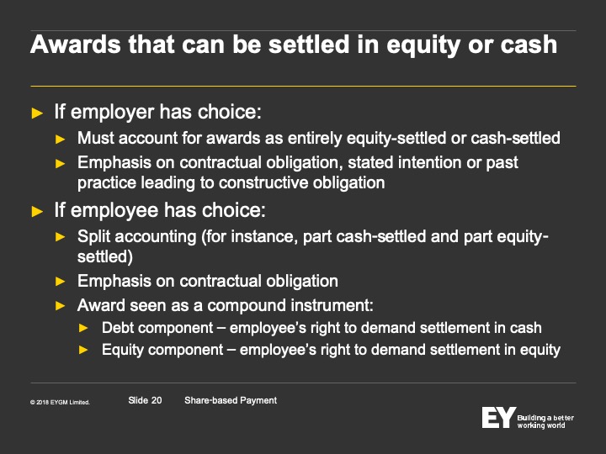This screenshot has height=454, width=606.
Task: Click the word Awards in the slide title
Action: [76, 44]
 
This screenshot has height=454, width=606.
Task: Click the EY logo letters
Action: [498, 417]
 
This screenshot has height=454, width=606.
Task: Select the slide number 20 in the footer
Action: [157, 400]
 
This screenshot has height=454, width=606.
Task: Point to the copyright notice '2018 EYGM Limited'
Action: [61, 402]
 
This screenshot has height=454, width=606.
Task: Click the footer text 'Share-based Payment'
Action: [231, 400]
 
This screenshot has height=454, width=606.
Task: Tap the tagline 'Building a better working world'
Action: [545, 421]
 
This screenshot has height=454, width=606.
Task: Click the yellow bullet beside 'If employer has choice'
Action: [37, 113]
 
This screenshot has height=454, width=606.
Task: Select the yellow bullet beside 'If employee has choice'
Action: [37, 212]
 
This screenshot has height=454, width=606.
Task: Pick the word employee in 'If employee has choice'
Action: [114, 210]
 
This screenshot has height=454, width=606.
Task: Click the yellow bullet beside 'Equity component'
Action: [83, 350]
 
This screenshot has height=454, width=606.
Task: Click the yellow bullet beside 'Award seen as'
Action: [61, 306]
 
